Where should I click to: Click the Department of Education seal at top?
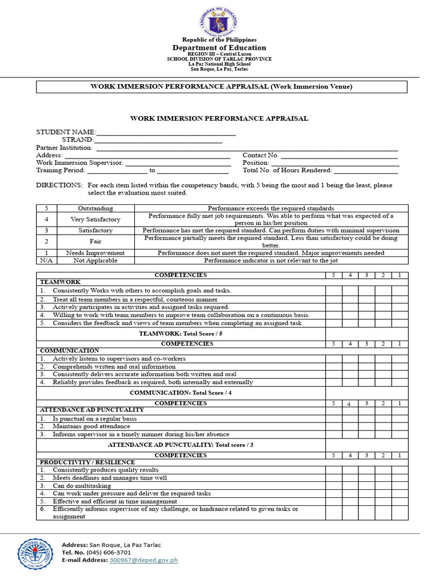219,23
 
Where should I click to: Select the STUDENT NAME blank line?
166,132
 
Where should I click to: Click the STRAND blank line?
158,140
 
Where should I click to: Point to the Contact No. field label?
261,155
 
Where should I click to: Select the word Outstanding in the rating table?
95,208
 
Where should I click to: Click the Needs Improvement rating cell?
95,253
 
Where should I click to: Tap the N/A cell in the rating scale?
46,260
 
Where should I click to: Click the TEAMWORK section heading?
60,282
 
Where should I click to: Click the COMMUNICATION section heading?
69,350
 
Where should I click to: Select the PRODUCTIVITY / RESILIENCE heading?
87,462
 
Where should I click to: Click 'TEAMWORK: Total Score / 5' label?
181,333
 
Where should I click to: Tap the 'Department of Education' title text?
219,47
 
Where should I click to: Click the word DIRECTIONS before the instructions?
59,185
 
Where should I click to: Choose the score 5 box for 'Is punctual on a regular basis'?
334,419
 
